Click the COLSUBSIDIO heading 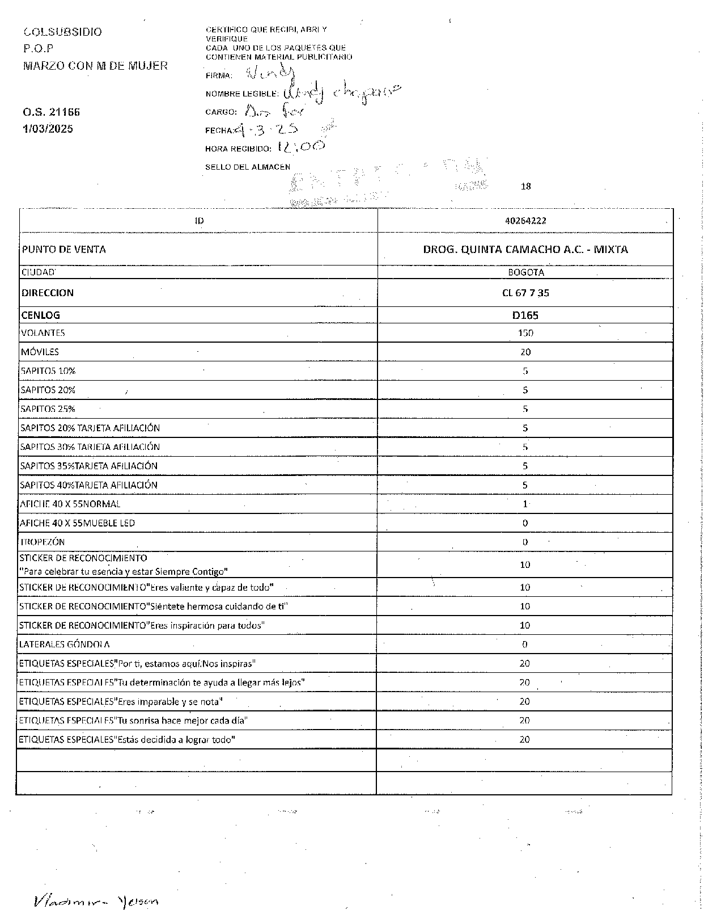(63, 32)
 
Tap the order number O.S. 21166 (52, 112)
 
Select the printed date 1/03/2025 (48, 129)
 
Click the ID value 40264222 (525, 221)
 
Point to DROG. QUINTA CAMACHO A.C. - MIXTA (525, 249)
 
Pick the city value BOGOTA (525, 272)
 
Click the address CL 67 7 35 (525, 293)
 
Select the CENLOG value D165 (525, 315)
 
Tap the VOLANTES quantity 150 (525, 333)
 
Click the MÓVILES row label (40, 352)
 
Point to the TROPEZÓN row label (43, 542)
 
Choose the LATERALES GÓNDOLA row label (65, 644)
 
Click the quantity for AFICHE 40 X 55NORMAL (525, 504)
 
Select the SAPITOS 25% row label (48, 409)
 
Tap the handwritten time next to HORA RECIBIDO (301, 146)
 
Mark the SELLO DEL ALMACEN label (248, 167)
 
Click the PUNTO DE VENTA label (63, 250)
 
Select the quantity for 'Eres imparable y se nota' (525, 702)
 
